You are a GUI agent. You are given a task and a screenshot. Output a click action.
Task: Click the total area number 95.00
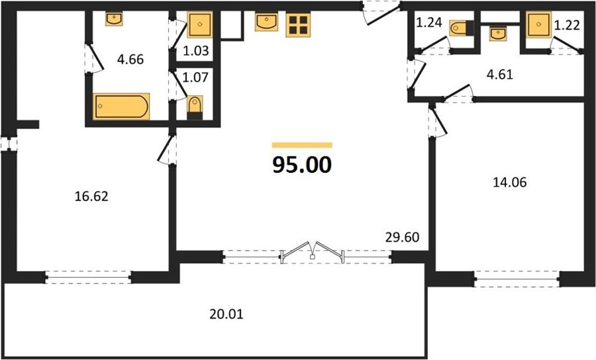302,165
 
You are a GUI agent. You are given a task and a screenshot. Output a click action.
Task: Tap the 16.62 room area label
91,197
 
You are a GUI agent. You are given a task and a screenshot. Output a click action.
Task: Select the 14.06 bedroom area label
510,183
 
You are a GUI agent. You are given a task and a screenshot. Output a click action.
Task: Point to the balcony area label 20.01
226,314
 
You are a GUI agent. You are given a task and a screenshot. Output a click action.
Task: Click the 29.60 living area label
402,238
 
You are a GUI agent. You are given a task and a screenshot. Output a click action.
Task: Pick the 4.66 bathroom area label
130,60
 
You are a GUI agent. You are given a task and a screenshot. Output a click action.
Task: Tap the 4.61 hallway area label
500,74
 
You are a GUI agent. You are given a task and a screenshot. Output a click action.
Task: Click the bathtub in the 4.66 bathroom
121,107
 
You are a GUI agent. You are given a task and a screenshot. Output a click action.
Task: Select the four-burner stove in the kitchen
298,25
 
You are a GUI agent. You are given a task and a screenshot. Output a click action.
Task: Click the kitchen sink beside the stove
266,22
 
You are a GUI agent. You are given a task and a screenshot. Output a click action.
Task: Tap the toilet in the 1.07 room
195,108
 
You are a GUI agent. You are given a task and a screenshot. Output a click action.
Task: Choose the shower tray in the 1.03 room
199,25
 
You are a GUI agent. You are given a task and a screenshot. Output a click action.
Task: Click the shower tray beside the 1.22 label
539,25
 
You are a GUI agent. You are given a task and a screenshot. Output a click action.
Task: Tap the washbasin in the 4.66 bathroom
114,19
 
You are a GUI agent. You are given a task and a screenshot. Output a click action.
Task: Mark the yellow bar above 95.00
302,145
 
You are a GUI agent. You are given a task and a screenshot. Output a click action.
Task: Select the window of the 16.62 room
88,277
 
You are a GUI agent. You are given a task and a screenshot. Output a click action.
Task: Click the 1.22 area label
567,25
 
